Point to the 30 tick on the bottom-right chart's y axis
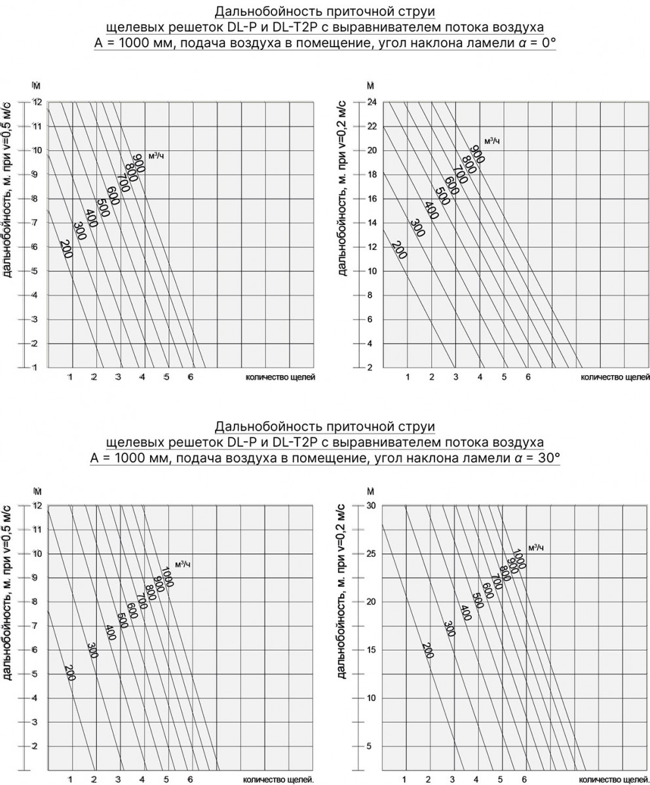coord(370,506)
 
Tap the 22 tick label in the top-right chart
coord(370,126)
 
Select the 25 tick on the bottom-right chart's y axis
coord(370,554)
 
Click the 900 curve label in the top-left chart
coord(138,163)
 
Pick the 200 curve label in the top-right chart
coord(398,250)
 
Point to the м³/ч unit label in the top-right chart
coord(492,141)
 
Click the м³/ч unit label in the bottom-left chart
coord(183,564)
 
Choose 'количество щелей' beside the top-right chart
coord(615,378)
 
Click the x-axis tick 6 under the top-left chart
coord(190,377)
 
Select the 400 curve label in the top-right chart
coord(430,210)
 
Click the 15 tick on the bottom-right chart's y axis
coord(370,650)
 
